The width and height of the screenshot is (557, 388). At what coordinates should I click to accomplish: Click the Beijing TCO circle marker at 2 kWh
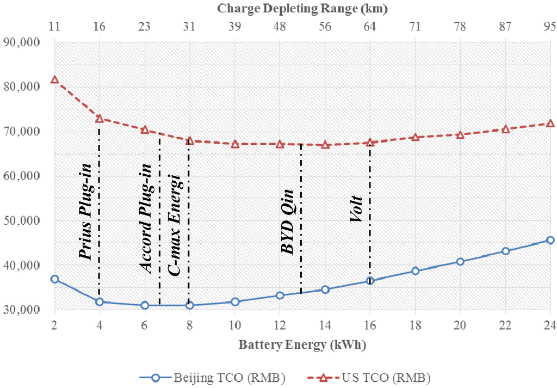[x=54, y=279]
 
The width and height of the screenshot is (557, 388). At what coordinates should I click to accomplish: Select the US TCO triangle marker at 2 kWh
[x=54, y=79]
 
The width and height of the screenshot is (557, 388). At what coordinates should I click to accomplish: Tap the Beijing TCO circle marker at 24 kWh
[x=550, y=240]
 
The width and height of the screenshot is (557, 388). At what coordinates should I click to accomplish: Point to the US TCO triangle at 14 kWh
[x=325, y=145]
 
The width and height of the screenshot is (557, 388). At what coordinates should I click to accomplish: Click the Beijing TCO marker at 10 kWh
[x=234, y=301]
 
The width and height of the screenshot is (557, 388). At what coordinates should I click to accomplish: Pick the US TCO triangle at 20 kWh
[x=460, y=134]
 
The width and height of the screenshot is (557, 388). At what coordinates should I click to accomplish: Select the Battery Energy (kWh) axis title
[x=302, y=345]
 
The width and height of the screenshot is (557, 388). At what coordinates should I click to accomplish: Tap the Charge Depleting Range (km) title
[x=302, y=8]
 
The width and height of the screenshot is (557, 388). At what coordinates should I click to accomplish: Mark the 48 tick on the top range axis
[x=280, y=26]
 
